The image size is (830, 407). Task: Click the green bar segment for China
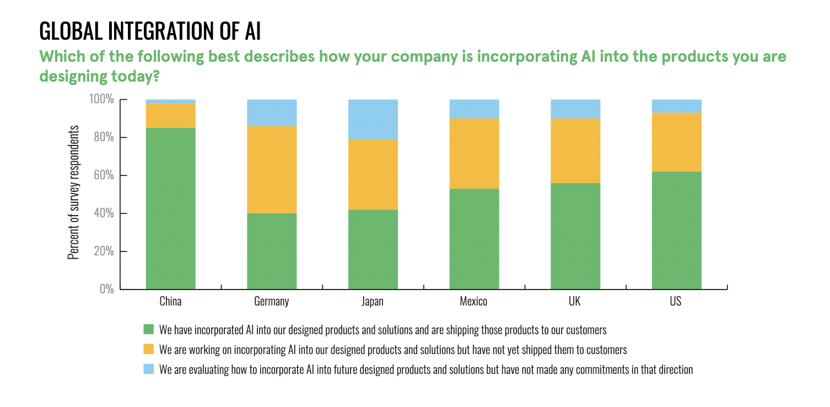170,208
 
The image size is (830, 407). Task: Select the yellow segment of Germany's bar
272,170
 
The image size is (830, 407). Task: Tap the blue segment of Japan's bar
373,119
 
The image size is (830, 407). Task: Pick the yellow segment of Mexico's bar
474,153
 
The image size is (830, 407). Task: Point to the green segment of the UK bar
575,235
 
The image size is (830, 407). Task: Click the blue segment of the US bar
676,106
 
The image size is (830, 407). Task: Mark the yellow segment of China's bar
170,115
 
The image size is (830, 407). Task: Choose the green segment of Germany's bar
272,251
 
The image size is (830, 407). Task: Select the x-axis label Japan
373,302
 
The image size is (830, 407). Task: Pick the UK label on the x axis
575,302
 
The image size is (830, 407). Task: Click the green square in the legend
149,330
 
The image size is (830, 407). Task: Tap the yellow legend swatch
149,349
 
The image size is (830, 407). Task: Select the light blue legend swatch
149,369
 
